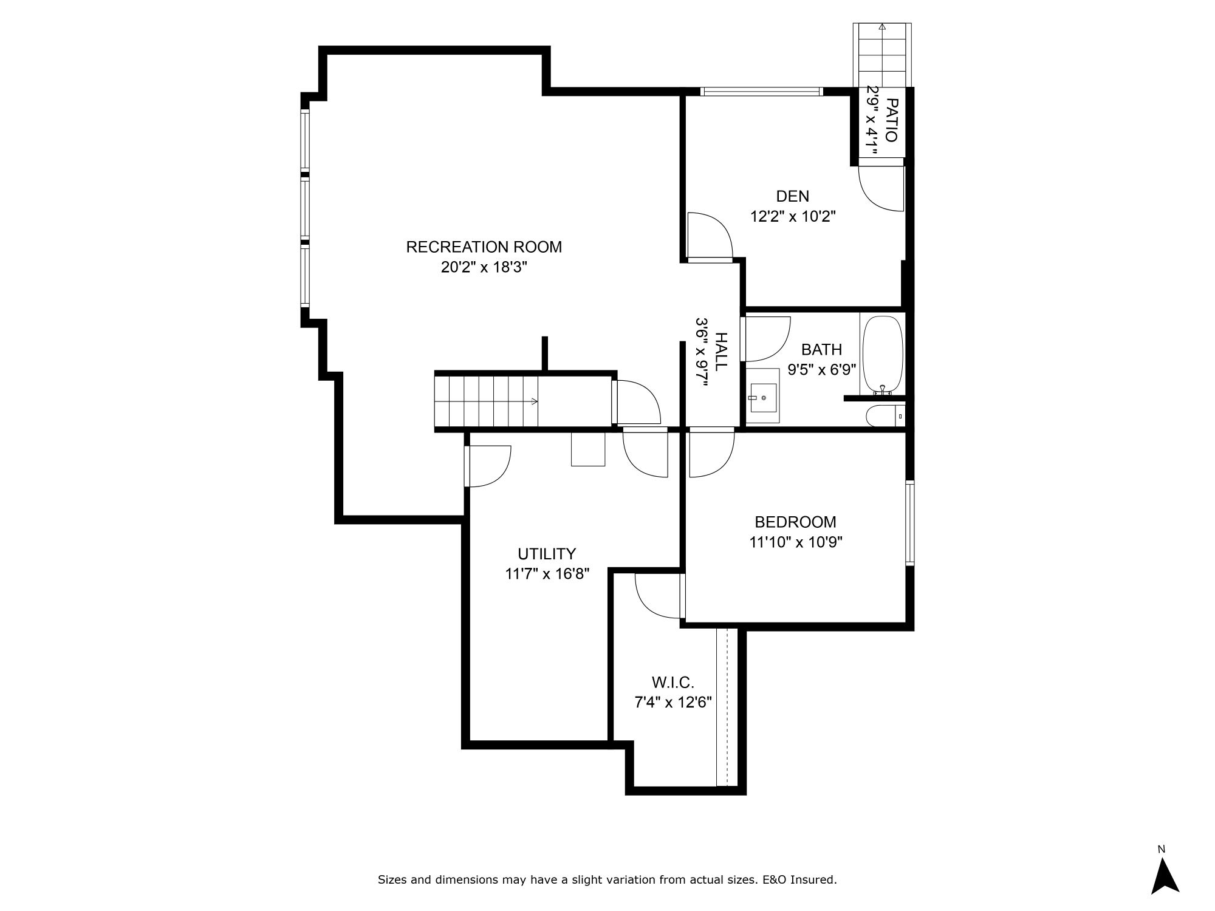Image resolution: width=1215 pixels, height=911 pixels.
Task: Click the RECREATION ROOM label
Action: pyautogui.click(x=484, y=247)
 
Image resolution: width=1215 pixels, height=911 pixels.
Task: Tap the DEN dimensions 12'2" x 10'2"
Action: pyautogui.click(x=793, y=216)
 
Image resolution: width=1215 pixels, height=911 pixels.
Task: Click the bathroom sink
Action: pyautogui.click(x=763, y=398)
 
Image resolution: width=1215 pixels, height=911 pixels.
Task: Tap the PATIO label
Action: pyautogui.click(x=891, y=120)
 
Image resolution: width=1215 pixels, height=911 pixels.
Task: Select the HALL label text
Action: pyautogui.click(x=720, y=352)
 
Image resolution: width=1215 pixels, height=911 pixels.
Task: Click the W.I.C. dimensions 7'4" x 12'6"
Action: pyautogui.click(x=673, y=703)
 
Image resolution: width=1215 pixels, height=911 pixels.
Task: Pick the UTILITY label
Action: pyautogui.click(x=547, y=554)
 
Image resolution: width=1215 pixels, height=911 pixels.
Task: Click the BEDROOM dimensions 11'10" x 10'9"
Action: pyautogui.click(x=795, y=542)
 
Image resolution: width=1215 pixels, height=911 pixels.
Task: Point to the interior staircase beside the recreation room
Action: pyautogui.click(x=486, y=401)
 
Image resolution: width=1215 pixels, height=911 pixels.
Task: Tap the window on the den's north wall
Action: pyautogui.click(x=761, y=92)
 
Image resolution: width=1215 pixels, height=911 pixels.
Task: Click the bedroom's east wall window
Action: pyautogui.click(x=909, y=523)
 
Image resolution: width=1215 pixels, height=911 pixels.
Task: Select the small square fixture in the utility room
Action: pyautogui.click(x=588, y=449)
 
